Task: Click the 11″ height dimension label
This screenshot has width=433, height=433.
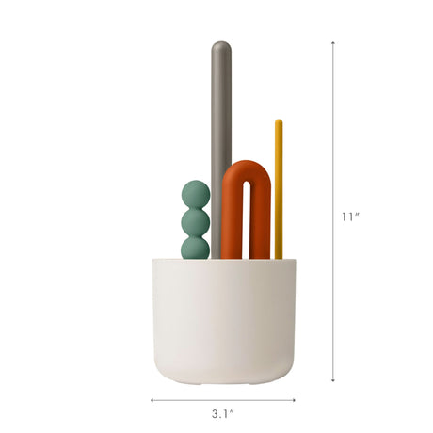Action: (x=350, y=216)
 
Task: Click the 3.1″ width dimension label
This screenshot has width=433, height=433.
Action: (x=223, y=414)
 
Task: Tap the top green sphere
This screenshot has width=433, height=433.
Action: (x=196, y=194)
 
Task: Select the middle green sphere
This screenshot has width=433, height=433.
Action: (x=195, y=223)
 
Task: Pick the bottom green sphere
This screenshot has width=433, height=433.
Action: (x=195, y=248)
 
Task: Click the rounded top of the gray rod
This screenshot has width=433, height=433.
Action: (x=221, y=48)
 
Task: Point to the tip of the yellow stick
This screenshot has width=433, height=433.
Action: (x=279, y=120)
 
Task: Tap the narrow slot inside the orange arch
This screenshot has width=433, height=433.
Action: (x=247, y=219)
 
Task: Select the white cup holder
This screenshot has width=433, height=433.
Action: (x=224, y=321)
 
